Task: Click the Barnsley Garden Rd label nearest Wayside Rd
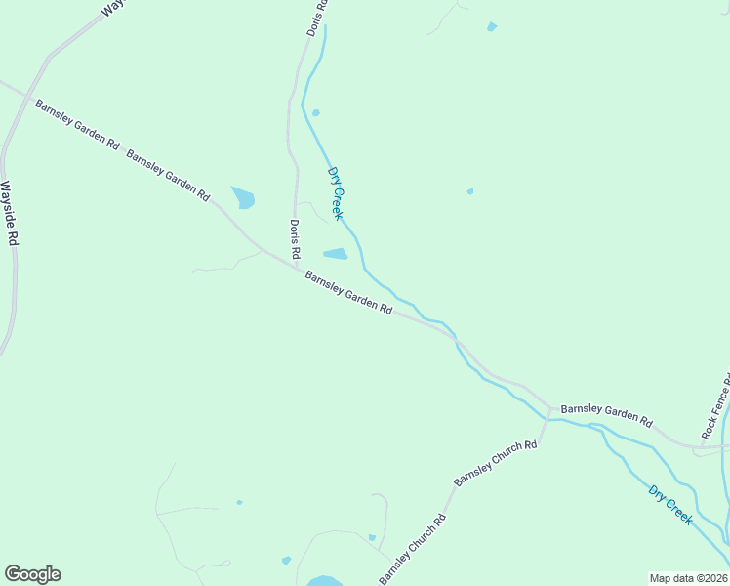pos(77,124)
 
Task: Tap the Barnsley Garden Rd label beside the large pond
pos(168,176)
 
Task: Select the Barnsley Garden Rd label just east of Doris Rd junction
pos(348,292)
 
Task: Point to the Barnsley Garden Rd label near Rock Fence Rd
pos(606,414)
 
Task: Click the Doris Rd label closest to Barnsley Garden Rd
pos(294,240)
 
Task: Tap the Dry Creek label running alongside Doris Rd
pos(336,192)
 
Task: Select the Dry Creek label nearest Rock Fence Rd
pos(671,505)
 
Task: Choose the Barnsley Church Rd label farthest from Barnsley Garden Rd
pos(413,549)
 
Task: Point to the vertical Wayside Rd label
pos(10,217)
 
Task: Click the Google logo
pos(32,574)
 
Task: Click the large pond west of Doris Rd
pos(243,197)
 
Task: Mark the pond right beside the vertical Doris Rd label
pos(336,255)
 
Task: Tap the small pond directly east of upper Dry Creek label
pos(470,191)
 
